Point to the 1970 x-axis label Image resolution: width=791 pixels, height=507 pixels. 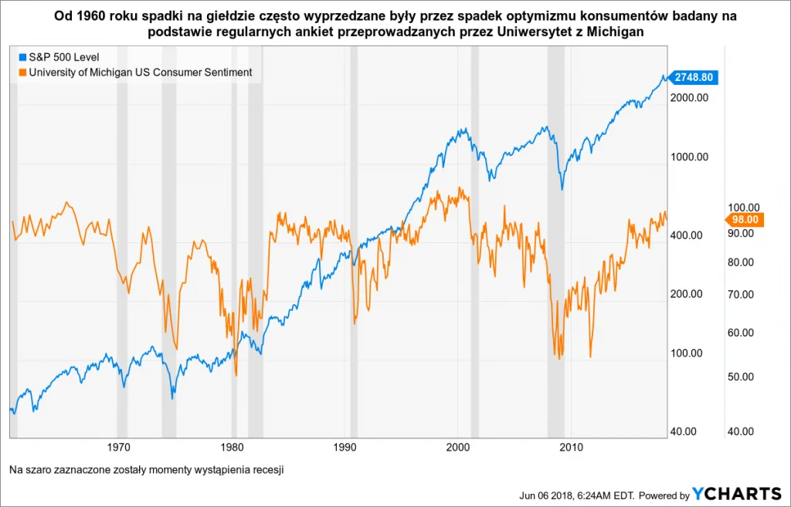click(117, 446)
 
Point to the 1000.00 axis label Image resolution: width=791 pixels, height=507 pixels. click(691, 157)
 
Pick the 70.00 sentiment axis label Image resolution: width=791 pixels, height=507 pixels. click(744, 294)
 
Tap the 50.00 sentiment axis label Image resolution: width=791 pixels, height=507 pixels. click(744, 377)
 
